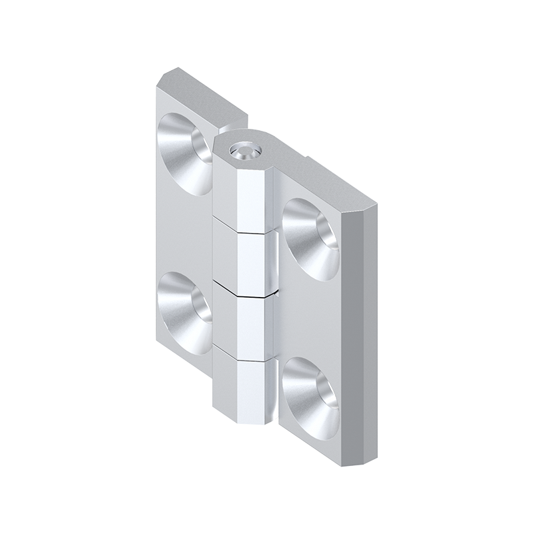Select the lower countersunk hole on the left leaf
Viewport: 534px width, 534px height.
(x=184, y=308)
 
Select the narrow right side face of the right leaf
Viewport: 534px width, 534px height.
(x=360, y=334)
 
